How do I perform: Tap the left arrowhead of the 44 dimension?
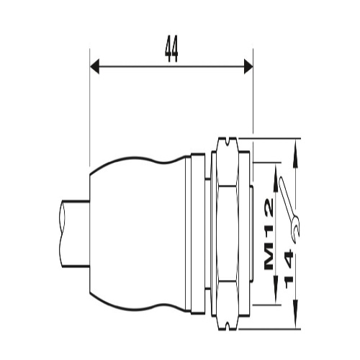pos(94,66)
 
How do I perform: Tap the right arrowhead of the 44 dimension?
pos(248,66)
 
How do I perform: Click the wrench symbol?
pos(290,209)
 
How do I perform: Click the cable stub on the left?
pos(74,233)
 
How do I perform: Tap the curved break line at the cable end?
pos(62,233)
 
